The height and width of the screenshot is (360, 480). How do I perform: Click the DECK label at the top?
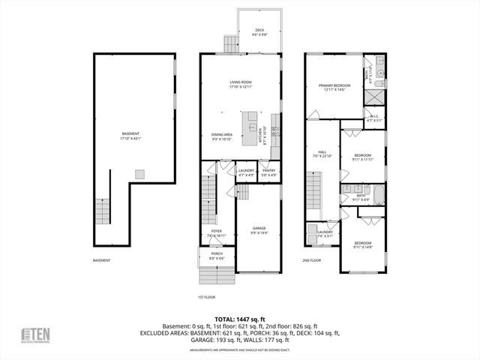coord(256,31)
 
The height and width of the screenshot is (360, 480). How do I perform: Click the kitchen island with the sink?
coord(249,122)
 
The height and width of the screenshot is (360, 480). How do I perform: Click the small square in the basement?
coord(139,173)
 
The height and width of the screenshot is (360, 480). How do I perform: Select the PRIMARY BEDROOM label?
coord(334,87)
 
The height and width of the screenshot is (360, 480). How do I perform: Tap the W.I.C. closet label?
coord(375,118)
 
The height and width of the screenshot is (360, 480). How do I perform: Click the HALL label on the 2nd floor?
coord(322,153)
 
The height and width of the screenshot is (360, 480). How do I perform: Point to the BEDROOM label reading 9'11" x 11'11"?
coord(362,157)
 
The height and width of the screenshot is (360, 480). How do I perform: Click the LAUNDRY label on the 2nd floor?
coord(325,233)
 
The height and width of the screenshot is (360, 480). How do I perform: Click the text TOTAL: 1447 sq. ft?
coord(240,319)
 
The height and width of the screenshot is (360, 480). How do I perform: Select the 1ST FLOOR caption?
coord(206,297)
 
